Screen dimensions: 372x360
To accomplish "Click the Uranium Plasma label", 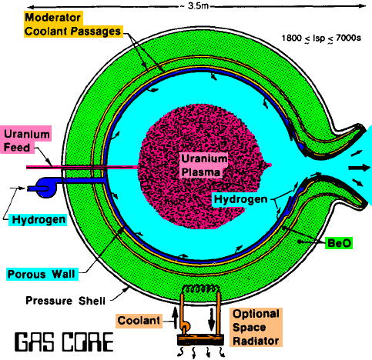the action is [x=203, y=165].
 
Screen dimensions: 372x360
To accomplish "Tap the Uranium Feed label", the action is [x=26, y=141].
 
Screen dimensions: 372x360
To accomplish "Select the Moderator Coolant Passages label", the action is [x=72, y=25].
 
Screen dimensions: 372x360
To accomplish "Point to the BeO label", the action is [x=339, y=243].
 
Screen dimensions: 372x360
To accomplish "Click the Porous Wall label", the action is [x=42, y=274].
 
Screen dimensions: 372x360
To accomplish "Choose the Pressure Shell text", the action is [x=65, y=301].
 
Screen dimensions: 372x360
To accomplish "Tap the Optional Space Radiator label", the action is [x=256, y=327].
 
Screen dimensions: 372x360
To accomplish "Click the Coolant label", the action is [x=139, y=321].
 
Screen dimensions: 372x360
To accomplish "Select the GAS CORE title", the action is [x=64, y=342].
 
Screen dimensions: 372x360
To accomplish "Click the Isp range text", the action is [x=321, y=38].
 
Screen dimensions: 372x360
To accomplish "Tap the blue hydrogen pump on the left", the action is [x=47, y=188].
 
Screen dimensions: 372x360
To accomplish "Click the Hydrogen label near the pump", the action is [x=39, y=220].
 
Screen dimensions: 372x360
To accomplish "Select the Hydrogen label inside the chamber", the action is [x=241, y=199].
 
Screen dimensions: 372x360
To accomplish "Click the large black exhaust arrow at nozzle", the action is [x=359, y=168].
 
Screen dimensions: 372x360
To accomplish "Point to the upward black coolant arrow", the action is [x=175, y=316].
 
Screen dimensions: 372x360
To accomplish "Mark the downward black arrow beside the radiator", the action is [x=212, y=319].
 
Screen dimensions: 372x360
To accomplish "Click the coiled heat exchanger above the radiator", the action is [x=201, y=289].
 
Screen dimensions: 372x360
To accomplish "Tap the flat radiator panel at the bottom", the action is [x=200, y=340].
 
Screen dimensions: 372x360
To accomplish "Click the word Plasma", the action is [x=201, y=172].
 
